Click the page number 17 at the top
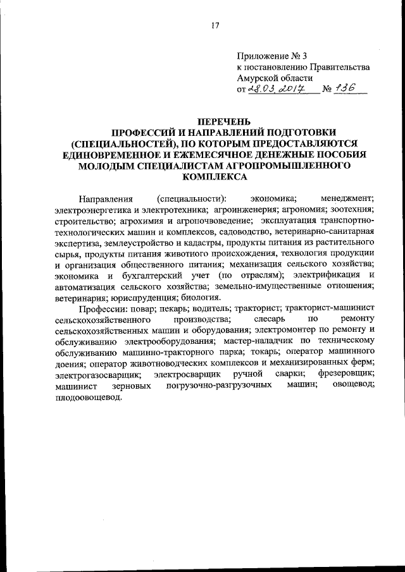(x=215, y=25)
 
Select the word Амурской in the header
(x=258, y=78)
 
